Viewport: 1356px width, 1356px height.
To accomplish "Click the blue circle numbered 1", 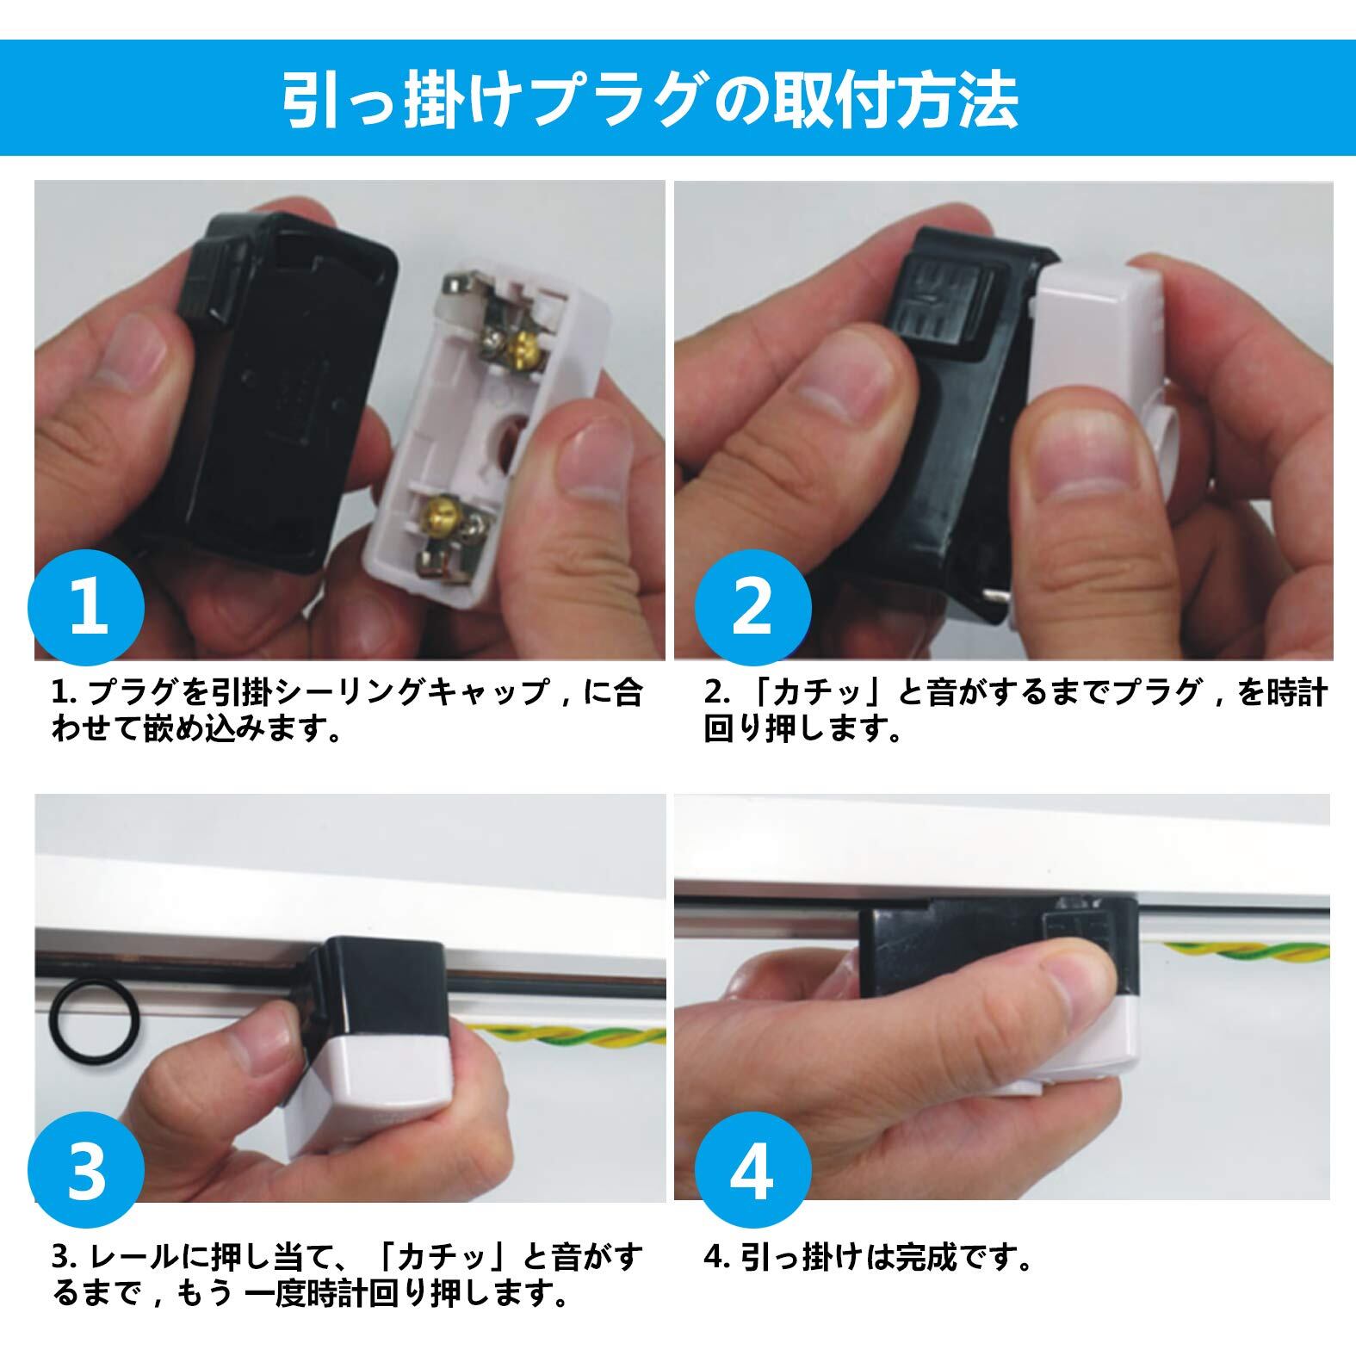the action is (x=87, y=606).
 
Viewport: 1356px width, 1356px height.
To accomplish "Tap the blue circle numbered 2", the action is (x=753, y=606).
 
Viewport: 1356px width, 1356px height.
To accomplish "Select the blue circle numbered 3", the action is (x=87, y=1173).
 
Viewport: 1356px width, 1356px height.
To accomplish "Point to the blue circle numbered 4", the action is (x=753, y=1173).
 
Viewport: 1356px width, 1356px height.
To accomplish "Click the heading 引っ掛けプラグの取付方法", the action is (x=652, y=101).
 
